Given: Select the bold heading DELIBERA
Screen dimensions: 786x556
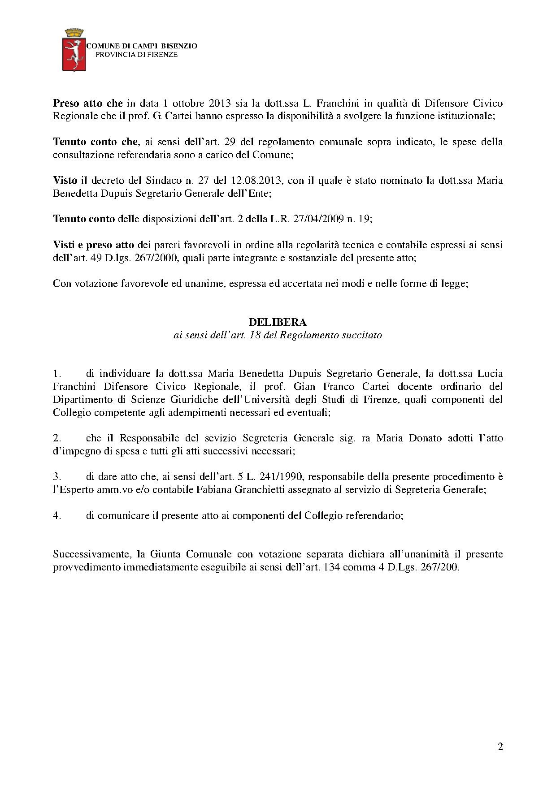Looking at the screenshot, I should [278, 322].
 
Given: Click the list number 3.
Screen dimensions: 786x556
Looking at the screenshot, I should [56, 477].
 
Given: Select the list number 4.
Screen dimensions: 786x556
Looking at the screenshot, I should [56, 515].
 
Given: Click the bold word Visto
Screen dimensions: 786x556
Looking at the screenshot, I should [65, 181].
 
